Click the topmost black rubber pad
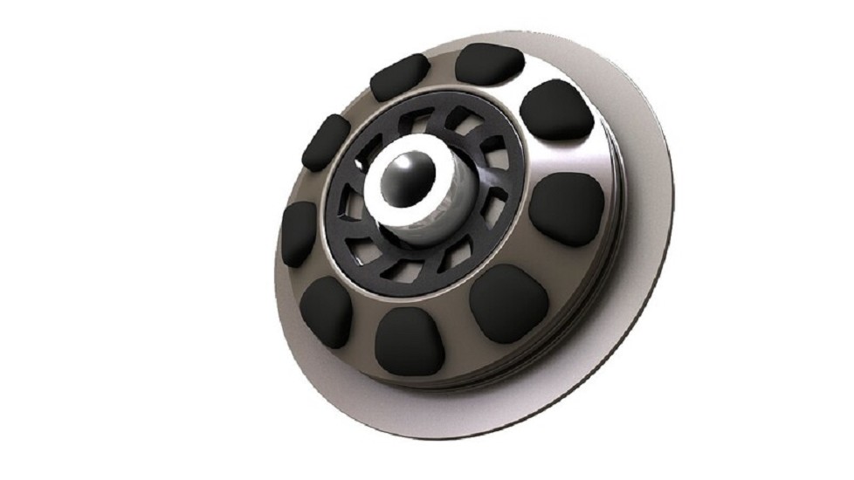(x=489, y=63)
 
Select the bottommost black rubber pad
(x=407, y=340)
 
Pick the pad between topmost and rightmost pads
(x=557, y=110)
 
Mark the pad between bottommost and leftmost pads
(x=326, y=311)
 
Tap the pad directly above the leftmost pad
(x=326, y=142)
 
